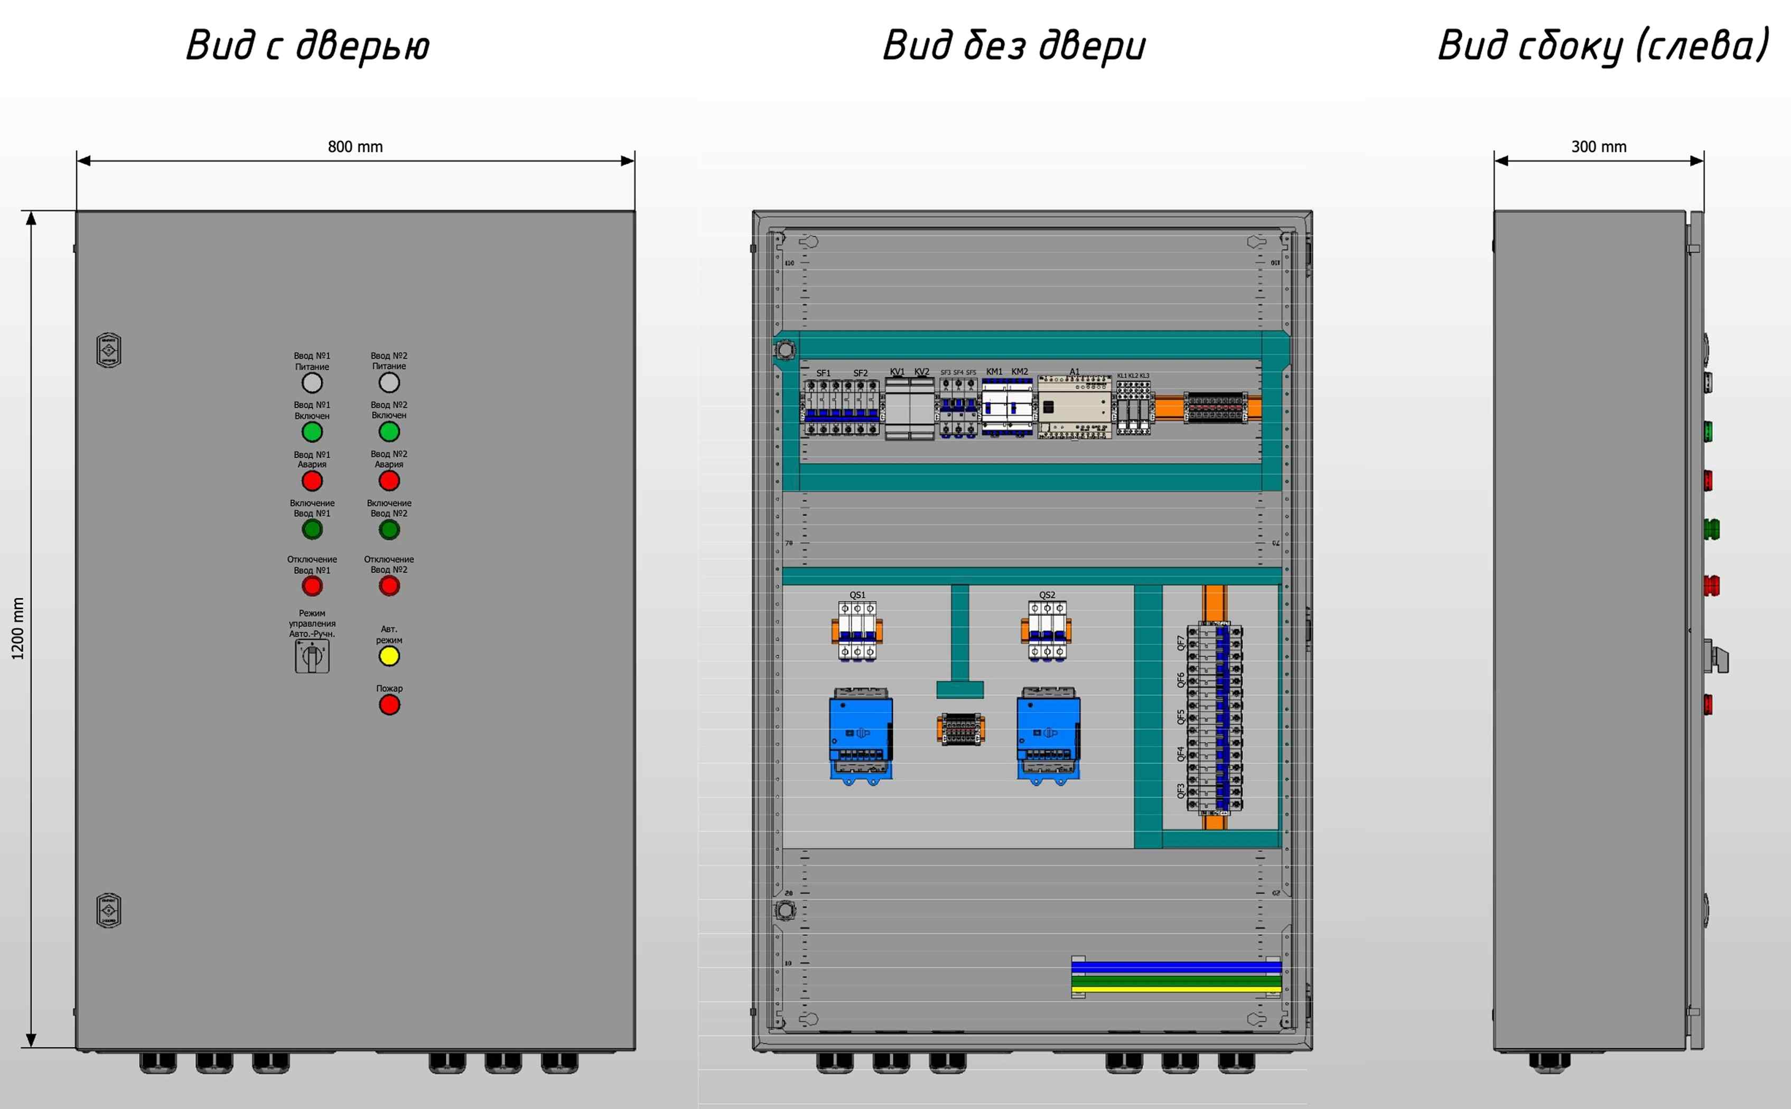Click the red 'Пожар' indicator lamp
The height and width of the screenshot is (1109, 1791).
389,705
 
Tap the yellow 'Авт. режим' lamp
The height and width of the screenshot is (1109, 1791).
389,656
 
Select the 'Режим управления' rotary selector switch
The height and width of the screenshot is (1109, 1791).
312,656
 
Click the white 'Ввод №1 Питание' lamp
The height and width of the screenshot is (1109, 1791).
312,383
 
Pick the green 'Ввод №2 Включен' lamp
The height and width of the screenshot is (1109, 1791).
389,431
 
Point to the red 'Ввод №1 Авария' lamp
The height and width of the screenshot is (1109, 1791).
312,481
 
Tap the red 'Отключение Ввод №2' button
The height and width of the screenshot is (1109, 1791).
389,586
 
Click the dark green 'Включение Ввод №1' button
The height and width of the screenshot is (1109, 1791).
312,530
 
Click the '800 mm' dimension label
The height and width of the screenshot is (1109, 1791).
355,147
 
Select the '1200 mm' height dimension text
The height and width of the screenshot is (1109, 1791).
17,628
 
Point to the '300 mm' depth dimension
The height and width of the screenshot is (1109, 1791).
1599,147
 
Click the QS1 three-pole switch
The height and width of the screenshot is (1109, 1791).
857,631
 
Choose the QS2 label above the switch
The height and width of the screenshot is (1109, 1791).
1047,595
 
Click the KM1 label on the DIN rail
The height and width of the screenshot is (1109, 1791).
994,372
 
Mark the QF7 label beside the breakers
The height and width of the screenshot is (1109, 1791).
1181,643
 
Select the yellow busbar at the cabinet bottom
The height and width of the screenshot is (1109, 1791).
1176,990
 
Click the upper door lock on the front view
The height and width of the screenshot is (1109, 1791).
109,351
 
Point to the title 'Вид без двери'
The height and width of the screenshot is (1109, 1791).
1013,45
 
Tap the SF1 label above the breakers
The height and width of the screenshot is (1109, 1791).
823,373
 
